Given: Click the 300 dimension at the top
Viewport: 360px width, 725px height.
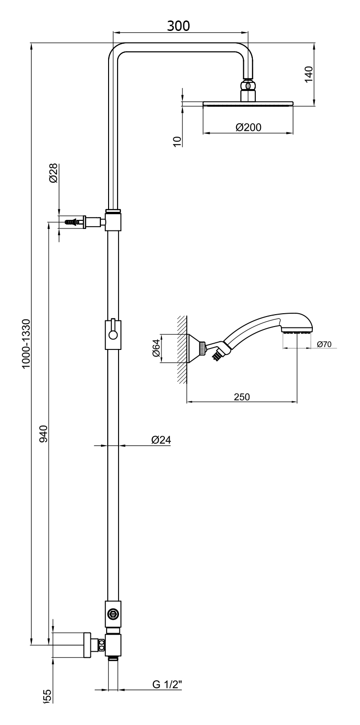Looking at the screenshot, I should (178, 26).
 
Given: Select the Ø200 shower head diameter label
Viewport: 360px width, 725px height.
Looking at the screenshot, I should (249, 127).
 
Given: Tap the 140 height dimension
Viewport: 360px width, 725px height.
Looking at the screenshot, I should (308, 75).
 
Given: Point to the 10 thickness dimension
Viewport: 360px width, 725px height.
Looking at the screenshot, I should (177, 140).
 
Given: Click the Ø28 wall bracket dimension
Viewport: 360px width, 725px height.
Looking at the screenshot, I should (53, 172).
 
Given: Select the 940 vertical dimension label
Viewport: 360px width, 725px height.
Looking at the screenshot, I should (43, 434).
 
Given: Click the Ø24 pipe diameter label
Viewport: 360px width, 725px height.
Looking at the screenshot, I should (161, 440).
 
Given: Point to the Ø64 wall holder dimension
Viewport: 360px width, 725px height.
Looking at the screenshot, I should (156, 348).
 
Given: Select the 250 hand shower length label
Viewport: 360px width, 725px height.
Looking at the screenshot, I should (241, 397).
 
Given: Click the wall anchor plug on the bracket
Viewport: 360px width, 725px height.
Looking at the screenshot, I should (72, 222).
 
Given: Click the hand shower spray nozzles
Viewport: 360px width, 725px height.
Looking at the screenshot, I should (296, 332).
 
